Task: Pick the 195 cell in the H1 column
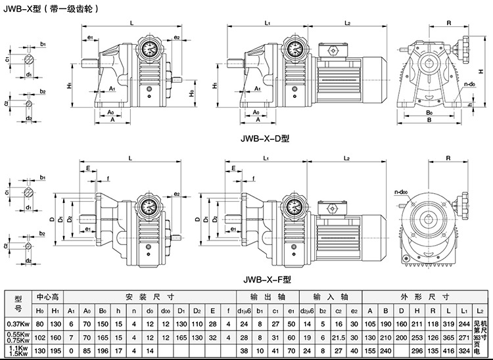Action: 57,351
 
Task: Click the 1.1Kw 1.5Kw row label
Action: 18,351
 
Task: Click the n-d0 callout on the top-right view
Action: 469,84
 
